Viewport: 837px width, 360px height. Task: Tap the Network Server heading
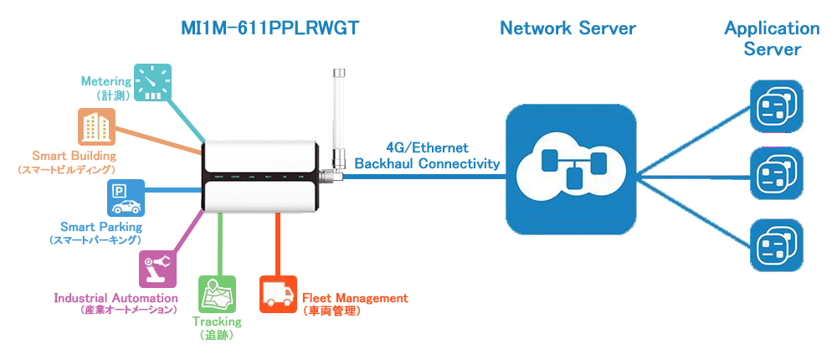tap(567, 28)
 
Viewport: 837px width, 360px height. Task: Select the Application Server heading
tap(772, 39)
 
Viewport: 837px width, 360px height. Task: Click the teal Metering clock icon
tap(152, 83)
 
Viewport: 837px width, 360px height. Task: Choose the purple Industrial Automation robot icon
tap(157, 270)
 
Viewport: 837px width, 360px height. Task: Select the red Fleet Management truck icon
tap(278, 294)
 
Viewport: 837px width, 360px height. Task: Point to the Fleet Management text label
tap(355, 298)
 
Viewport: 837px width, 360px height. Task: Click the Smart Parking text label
tap(101, 227)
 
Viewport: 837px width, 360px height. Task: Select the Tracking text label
tap(217, 321)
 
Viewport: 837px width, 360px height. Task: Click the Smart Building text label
tap(74, 156)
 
